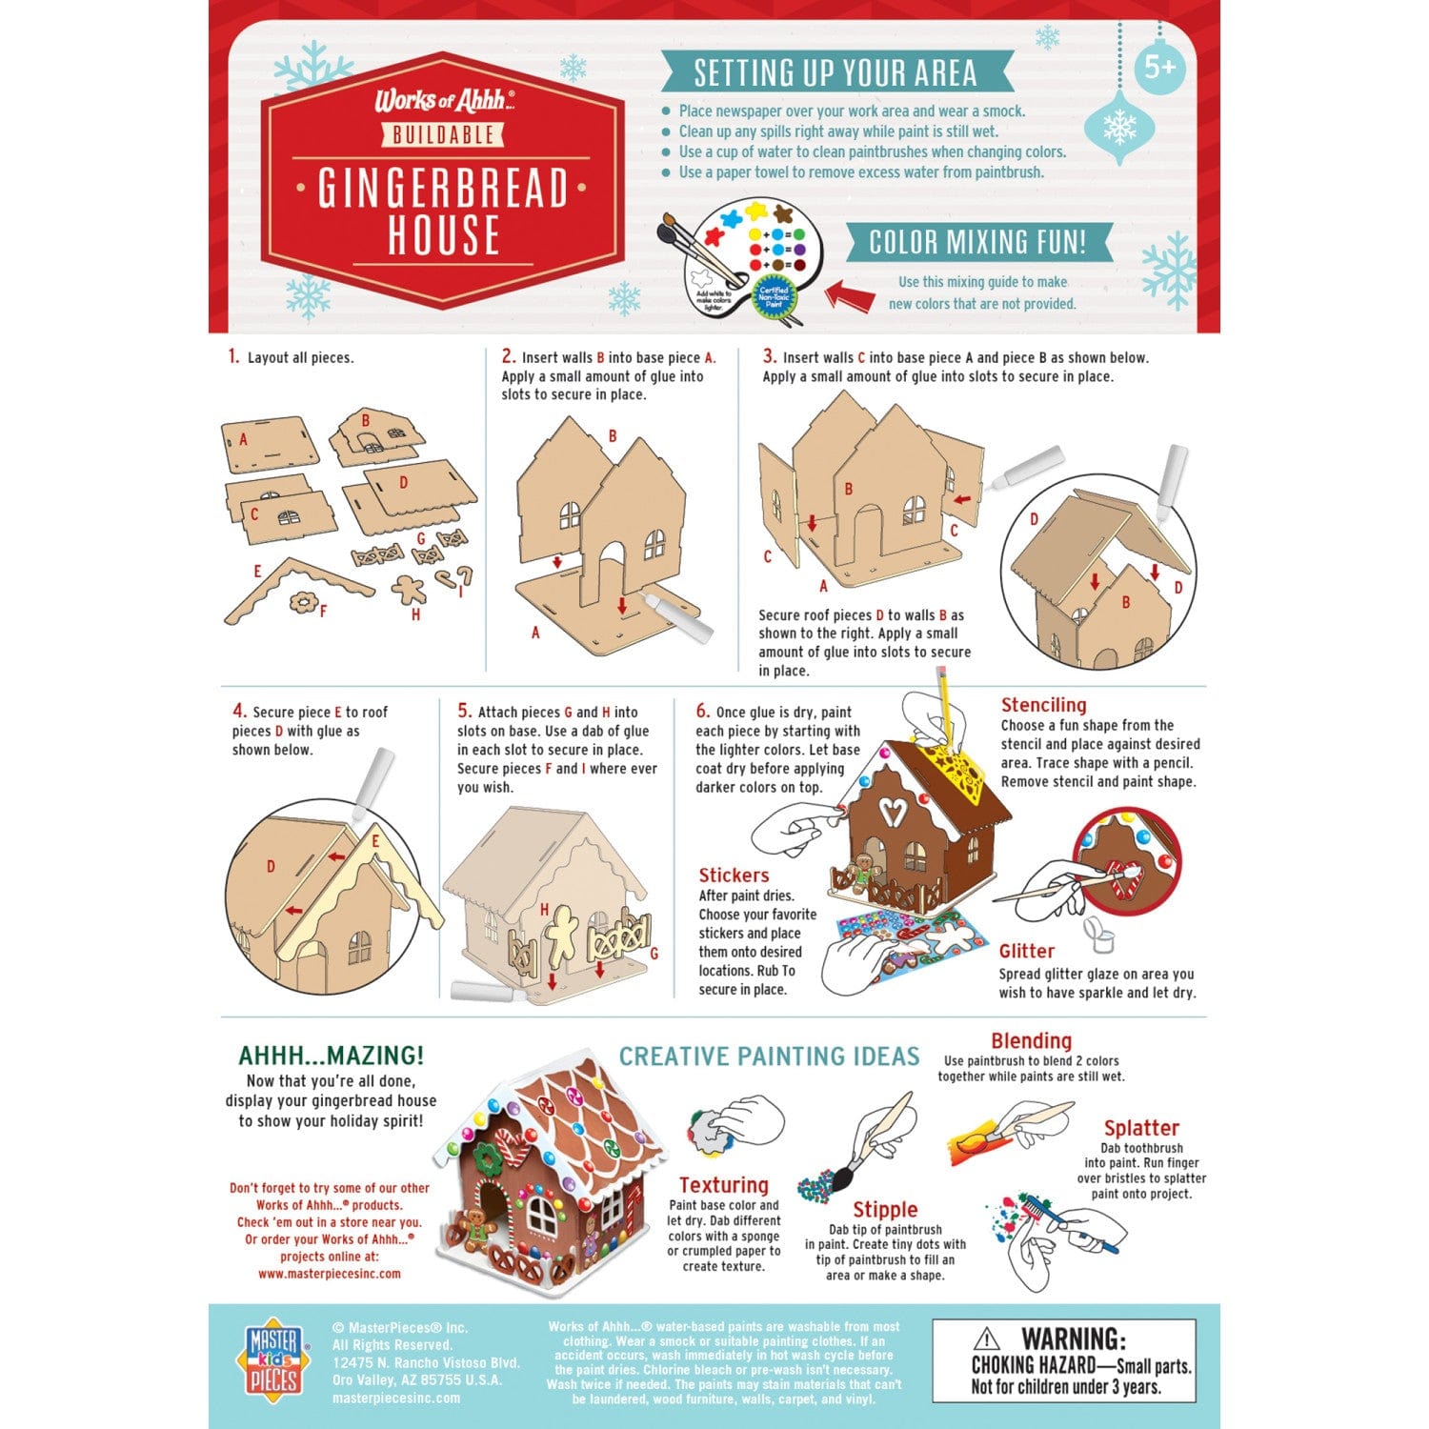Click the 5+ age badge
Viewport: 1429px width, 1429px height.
1160,68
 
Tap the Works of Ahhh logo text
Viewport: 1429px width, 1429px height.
444,101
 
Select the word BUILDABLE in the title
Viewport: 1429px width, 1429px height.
444,135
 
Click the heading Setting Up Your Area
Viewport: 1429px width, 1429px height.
835,73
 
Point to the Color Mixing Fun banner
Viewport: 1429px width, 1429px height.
977,242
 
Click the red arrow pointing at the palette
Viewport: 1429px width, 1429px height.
849,294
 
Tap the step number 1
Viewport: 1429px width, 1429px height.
233,357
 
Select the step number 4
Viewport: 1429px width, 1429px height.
239,712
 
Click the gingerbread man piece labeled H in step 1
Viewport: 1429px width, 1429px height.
410,588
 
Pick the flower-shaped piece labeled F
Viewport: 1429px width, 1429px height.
304,602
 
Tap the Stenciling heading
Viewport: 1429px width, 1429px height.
1043,705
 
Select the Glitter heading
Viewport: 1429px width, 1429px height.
1026,951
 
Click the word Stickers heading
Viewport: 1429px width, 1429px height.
734,876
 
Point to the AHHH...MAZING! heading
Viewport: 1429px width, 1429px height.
331,1056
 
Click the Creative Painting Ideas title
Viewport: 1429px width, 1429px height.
770,1057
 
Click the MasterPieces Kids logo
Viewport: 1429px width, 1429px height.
272,1360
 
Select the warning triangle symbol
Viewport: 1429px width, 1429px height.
987,1338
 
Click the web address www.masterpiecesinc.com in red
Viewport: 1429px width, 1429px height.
330,1274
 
